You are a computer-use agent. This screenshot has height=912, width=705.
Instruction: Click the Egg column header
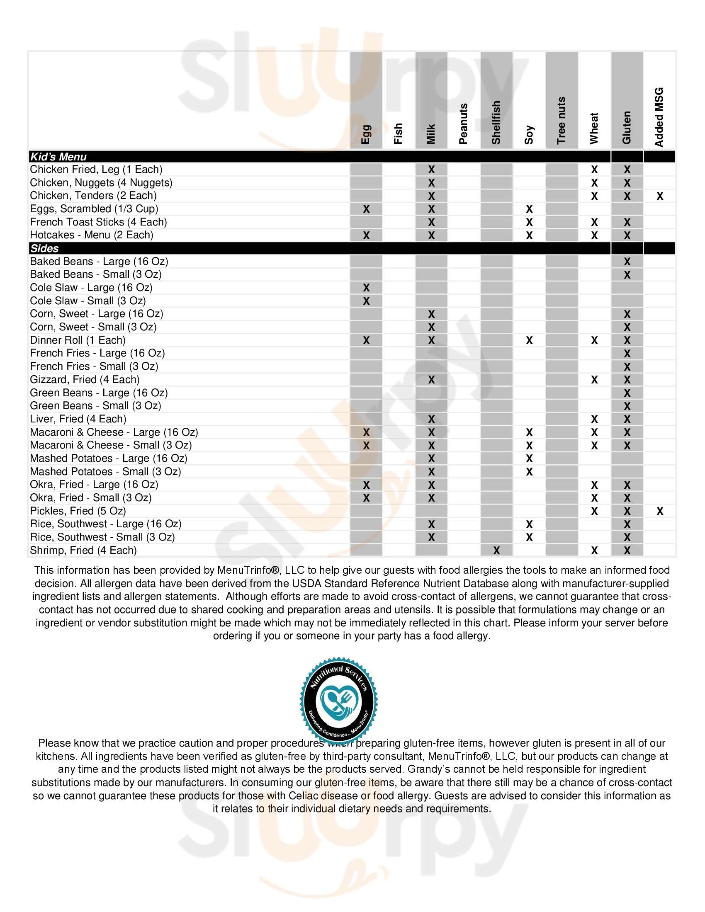tap(366, 134)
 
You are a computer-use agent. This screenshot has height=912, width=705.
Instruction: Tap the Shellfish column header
tap(496, 122)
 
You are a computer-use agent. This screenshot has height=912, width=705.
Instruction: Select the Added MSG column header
tap(659, 117)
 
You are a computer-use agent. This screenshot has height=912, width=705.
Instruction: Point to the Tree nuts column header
tap(562, 120)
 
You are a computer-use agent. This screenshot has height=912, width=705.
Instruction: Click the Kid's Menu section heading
tap(58, 157)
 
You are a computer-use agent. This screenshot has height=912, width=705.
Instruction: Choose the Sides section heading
tap(44, 248)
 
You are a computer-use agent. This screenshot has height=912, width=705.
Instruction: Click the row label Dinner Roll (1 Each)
tap(78, 340)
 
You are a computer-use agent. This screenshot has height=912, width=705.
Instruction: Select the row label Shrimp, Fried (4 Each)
tap(83, 550)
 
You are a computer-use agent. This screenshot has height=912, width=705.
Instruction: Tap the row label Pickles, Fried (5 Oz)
tap(78, 511)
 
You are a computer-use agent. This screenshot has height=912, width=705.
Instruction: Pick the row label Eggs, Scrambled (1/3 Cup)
tap(94, 209)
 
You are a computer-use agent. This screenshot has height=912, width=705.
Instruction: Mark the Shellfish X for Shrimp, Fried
tap(496, 551)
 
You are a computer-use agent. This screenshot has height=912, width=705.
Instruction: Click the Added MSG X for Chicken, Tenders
tap(659, 196)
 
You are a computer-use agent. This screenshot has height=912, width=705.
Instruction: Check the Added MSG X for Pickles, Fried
tap(659, 511)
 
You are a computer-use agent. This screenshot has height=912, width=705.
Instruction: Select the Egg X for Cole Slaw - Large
tap(366, 288)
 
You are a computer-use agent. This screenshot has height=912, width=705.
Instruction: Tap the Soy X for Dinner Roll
tap(529, 340)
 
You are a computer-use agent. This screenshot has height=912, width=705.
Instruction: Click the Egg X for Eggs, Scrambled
tap(366, 209)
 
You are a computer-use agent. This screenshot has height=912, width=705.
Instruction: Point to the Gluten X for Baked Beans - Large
tap(627, 262)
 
